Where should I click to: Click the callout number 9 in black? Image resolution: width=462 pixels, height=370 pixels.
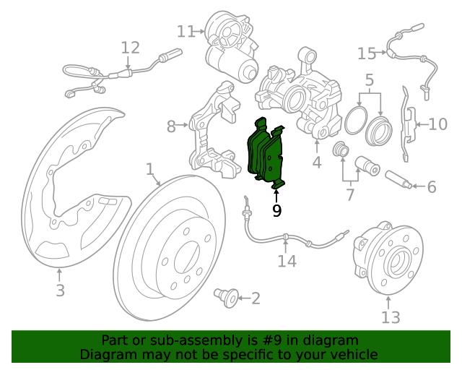coord(276,210)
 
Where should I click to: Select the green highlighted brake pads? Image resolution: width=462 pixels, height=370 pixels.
coord(265,153)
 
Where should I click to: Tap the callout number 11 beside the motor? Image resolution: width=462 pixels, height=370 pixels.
coord(186,31)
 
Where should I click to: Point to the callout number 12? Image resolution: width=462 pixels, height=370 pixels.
coord(131,48)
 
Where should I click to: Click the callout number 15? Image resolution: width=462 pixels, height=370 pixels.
coord(367,53)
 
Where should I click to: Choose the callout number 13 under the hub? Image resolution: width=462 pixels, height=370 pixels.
coord(391,317)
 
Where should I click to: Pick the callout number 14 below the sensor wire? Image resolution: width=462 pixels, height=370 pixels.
coord(287,261)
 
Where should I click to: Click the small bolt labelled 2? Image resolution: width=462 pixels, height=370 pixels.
coord(226,298)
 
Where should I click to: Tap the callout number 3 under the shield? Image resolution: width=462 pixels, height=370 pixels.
coord(60,291)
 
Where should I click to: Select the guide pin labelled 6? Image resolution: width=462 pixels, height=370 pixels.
coord(398,178)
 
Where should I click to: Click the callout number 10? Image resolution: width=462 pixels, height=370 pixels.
coord(438,124)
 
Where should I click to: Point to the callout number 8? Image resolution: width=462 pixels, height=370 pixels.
coord(171,126)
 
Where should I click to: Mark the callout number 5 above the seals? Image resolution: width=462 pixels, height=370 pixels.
coord(370,80)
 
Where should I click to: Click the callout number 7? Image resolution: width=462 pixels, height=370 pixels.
coord(349,194)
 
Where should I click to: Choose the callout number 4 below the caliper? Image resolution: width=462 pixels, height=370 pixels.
coord(317,163)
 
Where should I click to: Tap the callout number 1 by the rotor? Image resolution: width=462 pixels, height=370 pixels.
coord(150,169)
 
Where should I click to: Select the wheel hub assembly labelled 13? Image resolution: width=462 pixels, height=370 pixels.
coord(388,258)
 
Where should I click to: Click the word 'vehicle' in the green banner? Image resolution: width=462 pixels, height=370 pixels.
coord(355,354)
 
